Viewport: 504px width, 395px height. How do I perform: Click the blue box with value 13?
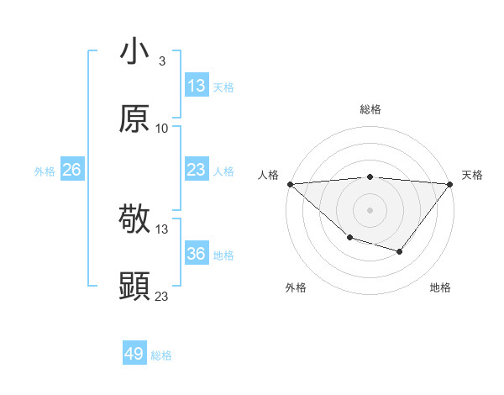click(197, 85)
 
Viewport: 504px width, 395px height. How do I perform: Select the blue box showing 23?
click(197, 170)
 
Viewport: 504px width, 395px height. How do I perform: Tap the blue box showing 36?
click(197, 254)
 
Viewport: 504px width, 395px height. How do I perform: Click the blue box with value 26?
click(71, 170)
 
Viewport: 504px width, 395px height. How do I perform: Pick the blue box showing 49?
click(134, 354)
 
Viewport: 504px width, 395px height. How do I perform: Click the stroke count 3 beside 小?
click(161, 61)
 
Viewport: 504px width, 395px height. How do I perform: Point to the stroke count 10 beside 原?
click(162, 129)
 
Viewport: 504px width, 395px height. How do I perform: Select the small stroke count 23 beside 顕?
click(162, 296)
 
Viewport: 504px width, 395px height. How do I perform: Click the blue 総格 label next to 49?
click(161, 355)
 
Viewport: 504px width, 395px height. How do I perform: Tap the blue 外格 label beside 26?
click(45, 171)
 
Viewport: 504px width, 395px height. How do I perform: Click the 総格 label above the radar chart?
click(370, 109)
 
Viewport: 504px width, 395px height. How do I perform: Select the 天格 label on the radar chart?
click(472, 175)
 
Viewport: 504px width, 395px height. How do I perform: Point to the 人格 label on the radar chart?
click(268, 175)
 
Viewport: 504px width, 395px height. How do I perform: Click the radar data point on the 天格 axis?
click(450, 183)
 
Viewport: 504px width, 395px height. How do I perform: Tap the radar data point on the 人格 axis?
click(290, 183)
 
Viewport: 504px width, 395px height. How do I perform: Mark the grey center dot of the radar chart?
click(370, 210)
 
